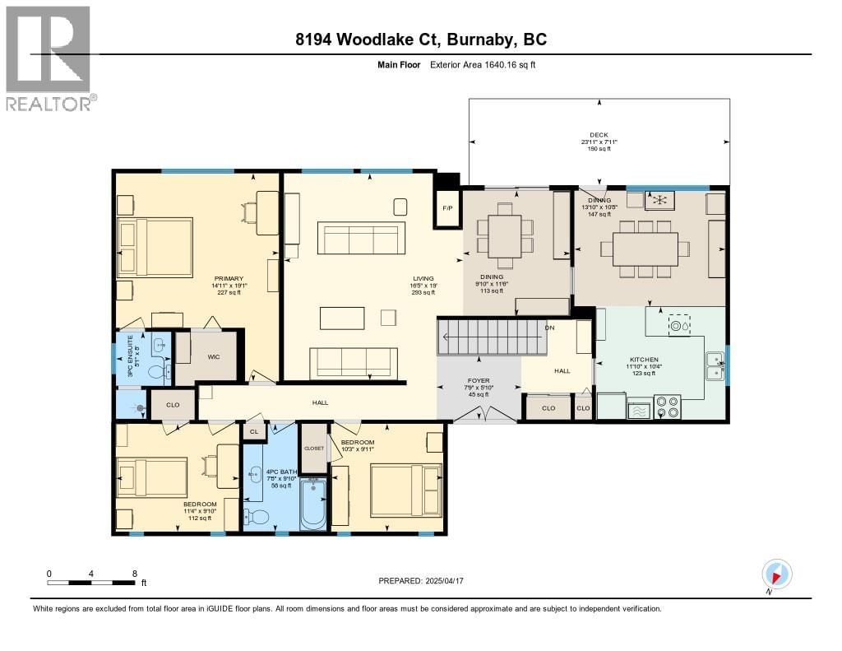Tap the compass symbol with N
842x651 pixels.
(777, 574)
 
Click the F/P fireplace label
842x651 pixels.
(447, 207)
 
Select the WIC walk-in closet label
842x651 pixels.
(212, 356)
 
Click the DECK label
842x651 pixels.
(598, 135)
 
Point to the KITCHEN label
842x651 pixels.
(644, 360)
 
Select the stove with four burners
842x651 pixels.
(667, 407)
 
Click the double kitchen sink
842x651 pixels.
(715, 366)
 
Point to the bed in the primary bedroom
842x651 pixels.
(155, 247)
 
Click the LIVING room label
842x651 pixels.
(423, 278)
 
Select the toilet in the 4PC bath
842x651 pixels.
(257, 517)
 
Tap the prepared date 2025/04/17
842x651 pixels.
(420, 581)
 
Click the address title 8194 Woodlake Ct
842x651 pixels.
(420, 40)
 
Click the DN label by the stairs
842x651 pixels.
(549, 328)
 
